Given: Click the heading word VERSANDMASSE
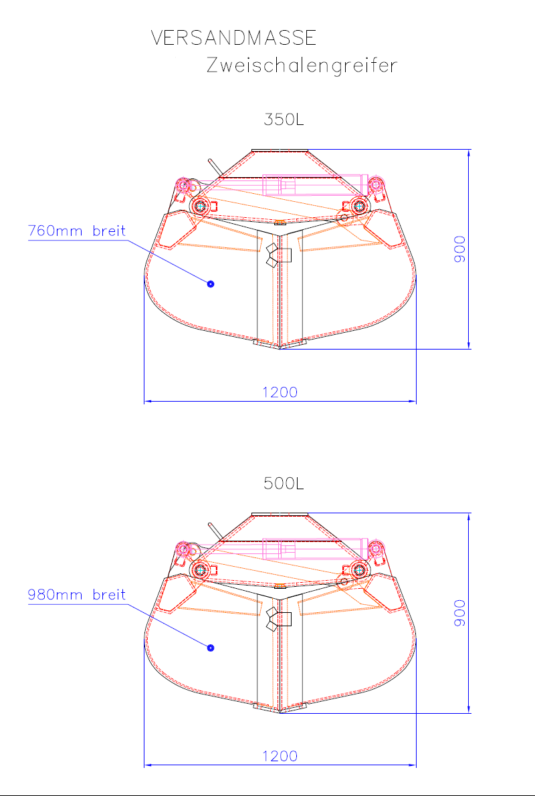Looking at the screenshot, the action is coord(233,38).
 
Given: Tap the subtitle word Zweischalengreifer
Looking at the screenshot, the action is coord(302,65).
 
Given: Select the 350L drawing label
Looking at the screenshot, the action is coord(284,120).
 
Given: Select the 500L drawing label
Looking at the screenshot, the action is coord(284,483).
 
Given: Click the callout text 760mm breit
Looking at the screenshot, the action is coord(77,231).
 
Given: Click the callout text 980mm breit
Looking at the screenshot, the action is coord(77,594).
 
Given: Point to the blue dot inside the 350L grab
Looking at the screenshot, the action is coord(211,284).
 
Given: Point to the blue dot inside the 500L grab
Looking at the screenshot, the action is coord(211,647).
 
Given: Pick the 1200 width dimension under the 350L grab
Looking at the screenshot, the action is coord(280,392).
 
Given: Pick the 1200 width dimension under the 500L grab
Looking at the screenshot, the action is coord(280,756).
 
